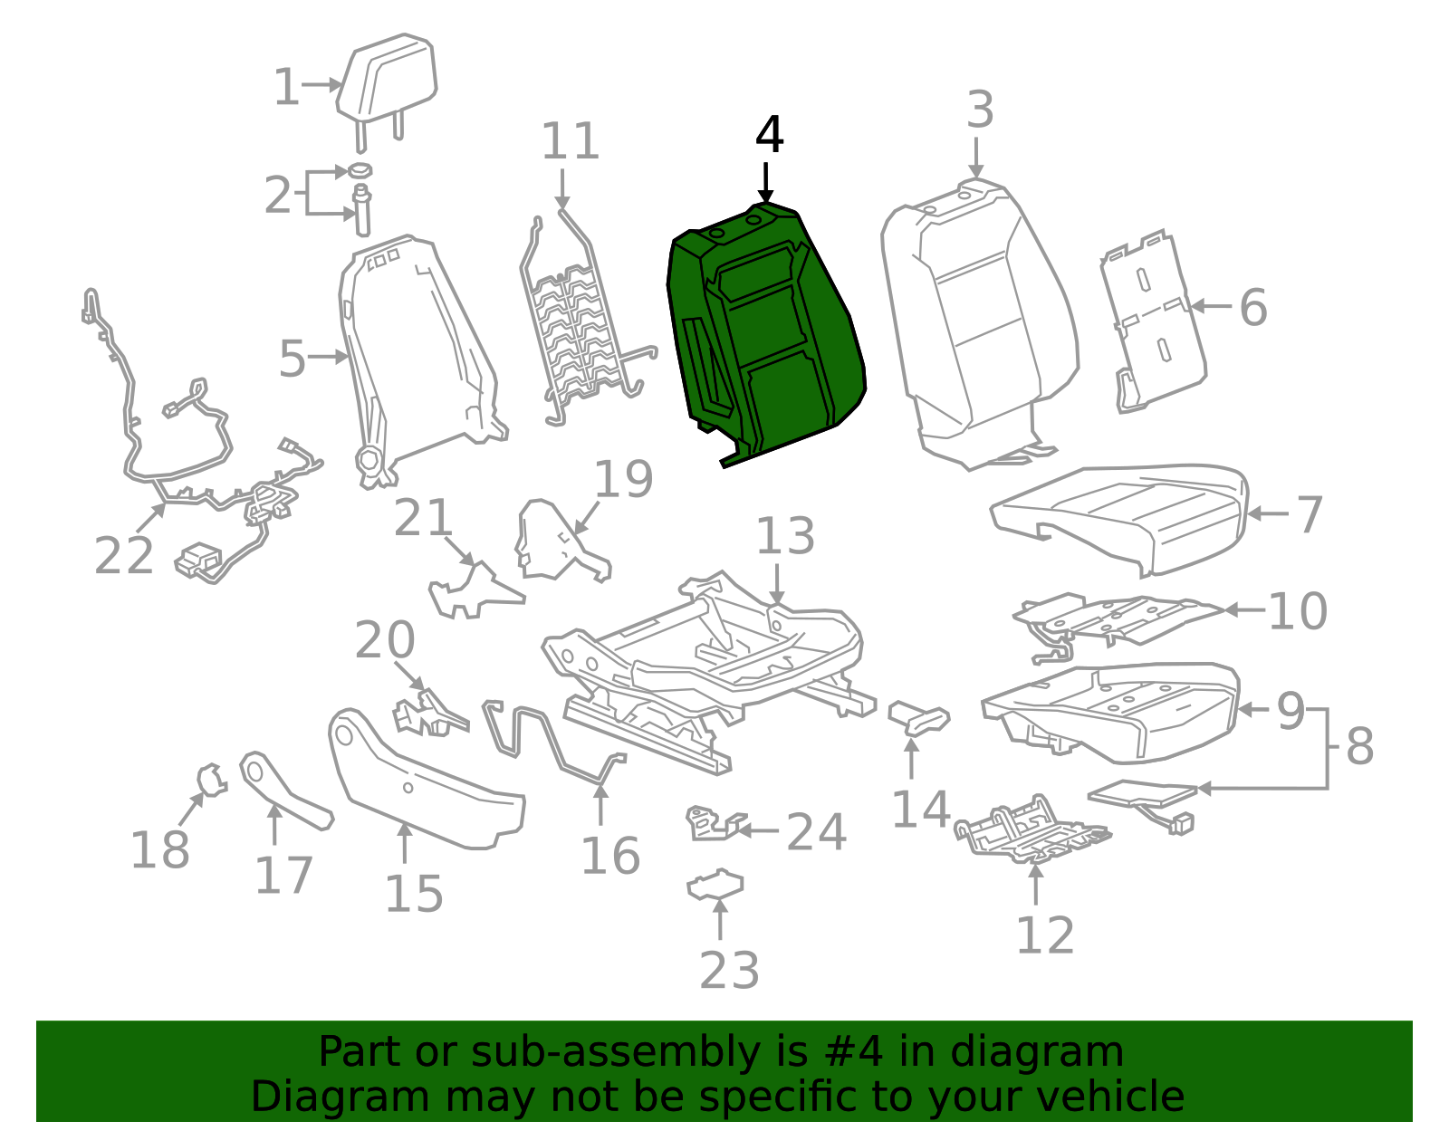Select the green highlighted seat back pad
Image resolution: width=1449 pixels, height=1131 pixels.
click(767, 333)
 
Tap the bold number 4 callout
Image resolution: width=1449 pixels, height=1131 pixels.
click(769, 135)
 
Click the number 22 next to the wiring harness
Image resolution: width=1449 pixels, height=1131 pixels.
click(124, 556)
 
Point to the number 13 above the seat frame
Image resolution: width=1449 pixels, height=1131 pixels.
click(785, 536)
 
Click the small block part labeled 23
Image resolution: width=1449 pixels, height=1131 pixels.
click(715, 886)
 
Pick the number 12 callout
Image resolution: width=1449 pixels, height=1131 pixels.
click(1045, 936)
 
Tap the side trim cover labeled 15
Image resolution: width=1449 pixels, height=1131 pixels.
click(427, 780)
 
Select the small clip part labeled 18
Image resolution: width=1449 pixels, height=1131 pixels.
click(212, 780)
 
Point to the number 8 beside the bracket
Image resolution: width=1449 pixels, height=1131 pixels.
click(1360, 747)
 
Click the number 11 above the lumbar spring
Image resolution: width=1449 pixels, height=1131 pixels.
click(571, 141)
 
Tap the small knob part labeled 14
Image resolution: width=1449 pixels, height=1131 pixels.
click(919, 717)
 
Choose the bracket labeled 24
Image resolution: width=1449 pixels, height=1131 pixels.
click(714, 824)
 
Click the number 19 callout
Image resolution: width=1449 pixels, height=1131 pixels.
click(623, 480)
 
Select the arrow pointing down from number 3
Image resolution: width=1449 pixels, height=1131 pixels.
click(976, 158)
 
